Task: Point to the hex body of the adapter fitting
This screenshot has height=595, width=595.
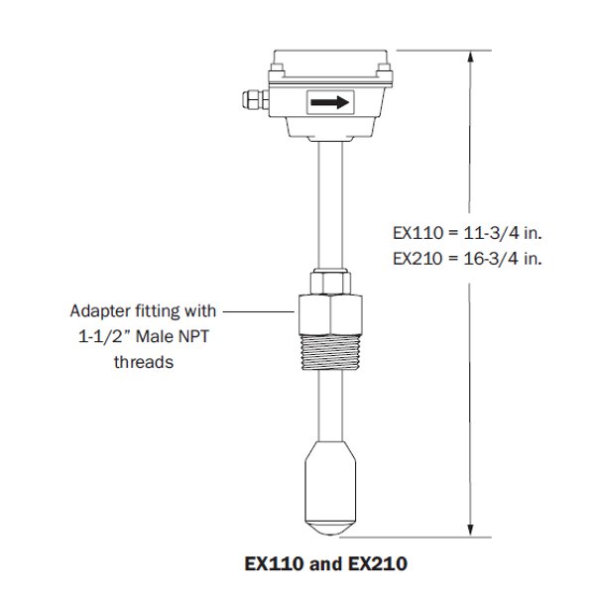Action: (330, 310)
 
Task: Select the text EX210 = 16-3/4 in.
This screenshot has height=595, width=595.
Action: (468, 258)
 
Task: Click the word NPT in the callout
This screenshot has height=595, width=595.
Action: (198, 336)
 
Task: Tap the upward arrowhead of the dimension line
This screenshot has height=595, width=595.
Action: (470, 59)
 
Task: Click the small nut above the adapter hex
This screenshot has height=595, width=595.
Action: (330, 279)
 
